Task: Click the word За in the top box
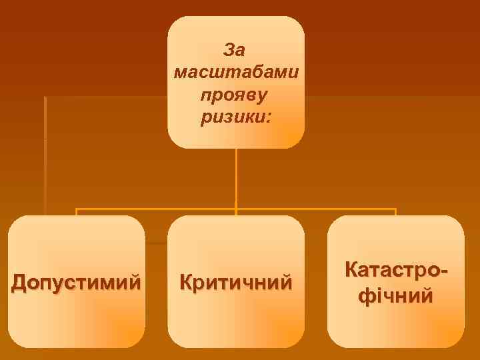pos(235,50)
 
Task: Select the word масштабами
pos(235,72)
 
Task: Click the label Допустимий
pos(77,283)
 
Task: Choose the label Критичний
pos(236,282)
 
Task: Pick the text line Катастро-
pos(396,271)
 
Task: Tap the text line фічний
pos(396,295)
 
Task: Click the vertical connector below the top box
pos(236,177)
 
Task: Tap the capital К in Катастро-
pos(352,271)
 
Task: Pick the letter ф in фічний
pos(366,295)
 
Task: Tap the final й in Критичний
pos(285,282)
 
